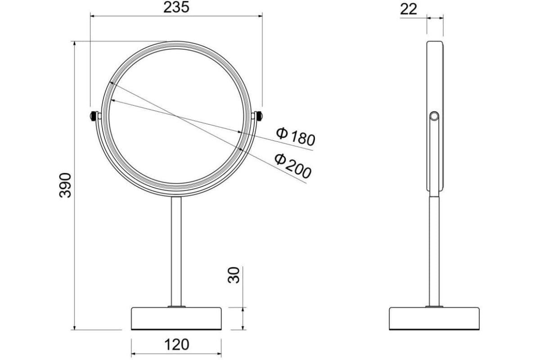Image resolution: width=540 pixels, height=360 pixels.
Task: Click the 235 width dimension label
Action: click(x=176, y=8)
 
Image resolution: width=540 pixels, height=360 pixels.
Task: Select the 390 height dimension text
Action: click(x=65, y=185)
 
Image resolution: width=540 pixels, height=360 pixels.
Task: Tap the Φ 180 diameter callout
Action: click(x=296, y=136)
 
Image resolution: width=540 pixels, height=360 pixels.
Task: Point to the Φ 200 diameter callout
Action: click(x=293, y=166)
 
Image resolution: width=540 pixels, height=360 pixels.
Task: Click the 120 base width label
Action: click(x=176, y=345)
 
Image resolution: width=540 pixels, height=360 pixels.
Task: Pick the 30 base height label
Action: click(x=234, y=275)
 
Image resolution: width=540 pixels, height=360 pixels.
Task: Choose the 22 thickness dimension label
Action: click(x=409, y=9)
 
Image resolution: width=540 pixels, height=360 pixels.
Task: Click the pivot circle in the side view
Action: click(x=434, y=116)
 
